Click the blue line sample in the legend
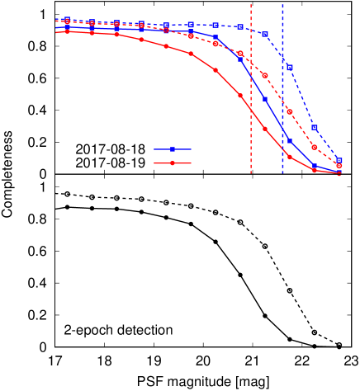[x=173, y=149]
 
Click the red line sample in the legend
[x=173, y=163]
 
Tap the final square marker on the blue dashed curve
[x=339, y=161]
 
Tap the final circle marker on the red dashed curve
[x=339, y=166]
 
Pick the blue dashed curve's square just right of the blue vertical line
[x=290, y=68]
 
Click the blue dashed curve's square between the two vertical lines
[x=265, y=35]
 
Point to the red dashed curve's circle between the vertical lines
[x=265, y=76]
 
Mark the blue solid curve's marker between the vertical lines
[x=265, y=100]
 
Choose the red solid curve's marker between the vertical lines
[x=265, y=129]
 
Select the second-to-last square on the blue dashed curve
[x=315, y=128]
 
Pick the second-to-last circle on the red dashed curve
[x=315, y=148]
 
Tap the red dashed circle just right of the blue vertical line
[x=290, y=111]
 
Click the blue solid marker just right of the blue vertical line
[x=289, y=140]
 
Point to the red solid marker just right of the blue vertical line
[x=290, y=157]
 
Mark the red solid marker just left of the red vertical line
[x=240, y=96]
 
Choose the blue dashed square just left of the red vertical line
[x=240, y=27]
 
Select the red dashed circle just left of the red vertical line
[x=240, y=54]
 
